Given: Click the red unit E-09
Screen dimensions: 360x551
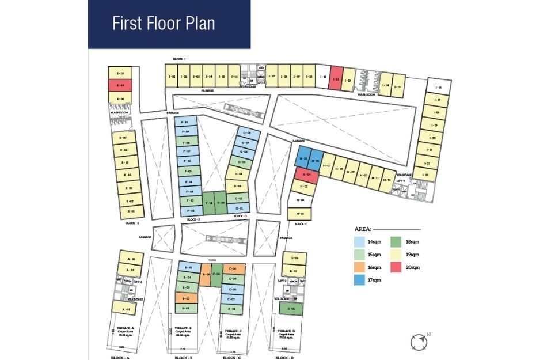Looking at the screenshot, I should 121,86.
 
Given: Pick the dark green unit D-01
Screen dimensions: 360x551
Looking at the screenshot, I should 292,308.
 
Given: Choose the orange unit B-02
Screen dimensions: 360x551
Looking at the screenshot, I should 186,298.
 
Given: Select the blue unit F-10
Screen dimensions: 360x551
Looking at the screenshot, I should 185,122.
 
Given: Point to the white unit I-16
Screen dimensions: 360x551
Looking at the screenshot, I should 438,88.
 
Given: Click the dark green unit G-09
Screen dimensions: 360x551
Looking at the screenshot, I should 221,203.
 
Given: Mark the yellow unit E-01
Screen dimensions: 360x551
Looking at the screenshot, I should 131,211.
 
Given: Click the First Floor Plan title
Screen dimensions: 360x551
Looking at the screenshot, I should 164,24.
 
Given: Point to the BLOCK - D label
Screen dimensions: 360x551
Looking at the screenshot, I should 284,358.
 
